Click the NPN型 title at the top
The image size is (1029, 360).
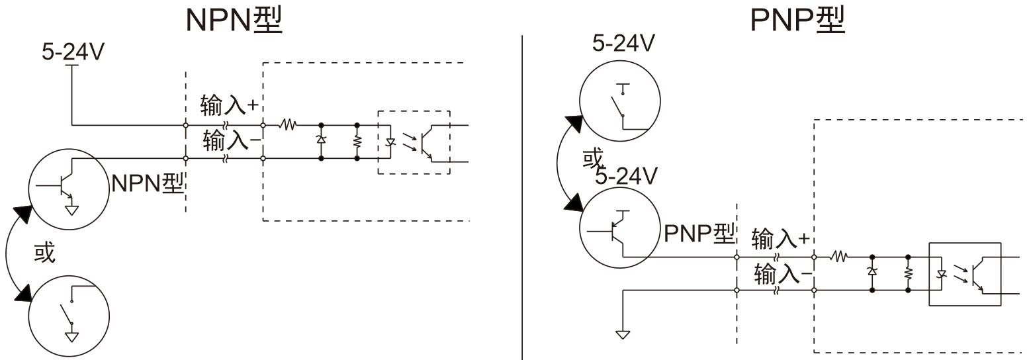pyautogui.click(x=234, y=20)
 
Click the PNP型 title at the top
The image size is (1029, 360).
pyautogui.click(x=797, y=20)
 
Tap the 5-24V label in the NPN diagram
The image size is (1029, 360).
pyautogui.click(x=73, y=52)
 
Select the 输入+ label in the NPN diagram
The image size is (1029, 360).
pyautogui.click(x=229, y=105)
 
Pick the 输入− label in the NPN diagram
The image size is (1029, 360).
pyautogui.click(x=232, y=140)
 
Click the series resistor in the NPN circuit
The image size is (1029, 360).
pyautogui.click(x=288, y=124)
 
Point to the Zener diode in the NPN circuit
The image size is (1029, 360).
pyautogui.click(x=321, y=139)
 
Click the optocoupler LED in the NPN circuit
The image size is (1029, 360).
pyautogui.click(x=390, y=142)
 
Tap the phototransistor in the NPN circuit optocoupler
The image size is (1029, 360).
pyautogui.click(x=426, y=143)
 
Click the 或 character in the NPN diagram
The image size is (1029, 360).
pyautogui.click(x=44, y=252)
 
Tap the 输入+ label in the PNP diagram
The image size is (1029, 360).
pyautogui.click(x=780, y=238)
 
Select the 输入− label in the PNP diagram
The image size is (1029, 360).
pyautogui.click(x=783, y=274)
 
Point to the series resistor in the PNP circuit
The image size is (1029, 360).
pyautogui.click(x=839, y=257)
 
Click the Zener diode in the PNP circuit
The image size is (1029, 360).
pyautogui.click(x=872, y=271)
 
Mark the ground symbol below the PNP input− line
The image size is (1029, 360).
pyautogui.click(x=623, y=335)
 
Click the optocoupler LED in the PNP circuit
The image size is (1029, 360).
pyautogui.click(x=941, y=275)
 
